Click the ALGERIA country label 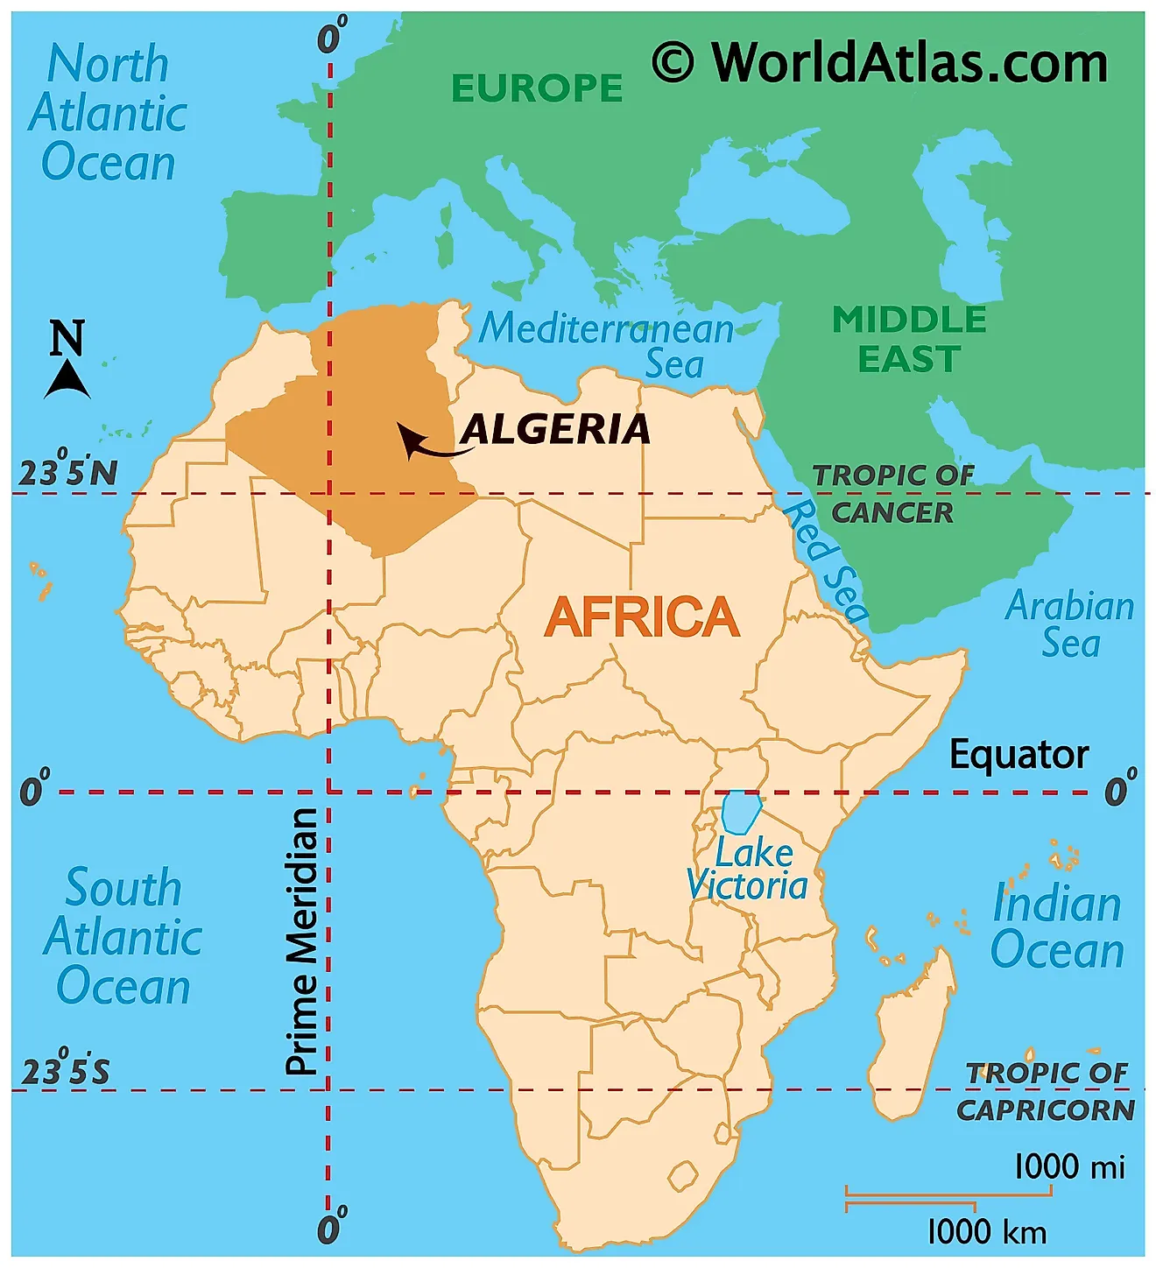pyautogui.click(x=556, y=430)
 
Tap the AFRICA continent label pyautogui.click(x=641, y=617)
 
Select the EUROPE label pyautogui.click(x=537, y=88)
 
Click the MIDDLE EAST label pyautogui.click(x=909, y=340)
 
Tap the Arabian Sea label pyautogui.click(x=1069, y=624)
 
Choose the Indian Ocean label pyautogui.click(x=1057, y=926)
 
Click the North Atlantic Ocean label pyautogui.click(x=108, y=114)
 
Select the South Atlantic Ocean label pyautogui.click(x=123, y=937)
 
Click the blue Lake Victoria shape pyautogui.click(x=740, y=813)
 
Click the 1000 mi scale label pyautogui.click(x=1068, y=1167)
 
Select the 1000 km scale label pyautogui.click(x=987, y=1232)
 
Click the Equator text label pyautogui.click(x=1019, y=755)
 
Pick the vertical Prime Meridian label pyautogui.click(x=301, y=941)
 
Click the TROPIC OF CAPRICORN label pyautogui.click(x=1047, y=1091)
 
